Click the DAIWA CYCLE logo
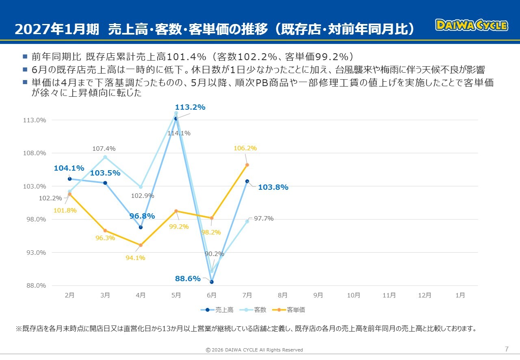click(x=472, y=25)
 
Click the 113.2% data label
click(x=190, y=107)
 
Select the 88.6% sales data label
click(x=188, y=278)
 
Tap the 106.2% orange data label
click(x=245, y=148)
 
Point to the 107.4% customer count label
click(x=104, y=149)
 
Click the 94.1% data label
click(x=135, y=258)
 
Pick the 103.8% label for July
click(x=273, y=187)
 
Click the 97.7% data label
click(x=264, y=219)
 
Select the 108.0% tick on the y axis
click(x=35, y=153)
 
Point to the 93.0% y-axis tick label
click(x=36, y=252)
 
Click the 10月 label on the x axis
click(x=353, y=295)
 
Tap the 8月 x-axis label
click(x=282, y=295)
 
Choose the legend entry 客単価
click(x=288, y=310)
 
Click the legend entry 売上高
click(x=217, y=310)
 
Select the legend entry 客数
click(x=253, y=310)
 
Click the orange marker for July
click(x=247, y=165)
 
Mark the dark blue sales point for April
click(x=141, y=228)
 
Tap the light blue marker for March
click(x=105, y=157)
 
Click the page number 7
click(x=507, y=349)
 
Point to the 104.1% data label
click(x=69, y=168)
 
